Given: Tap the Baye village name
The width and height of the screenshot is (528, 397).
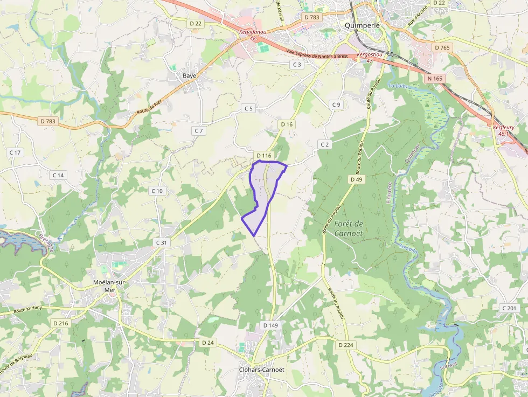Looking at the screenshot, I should pyautogui.click(x=189, y=75).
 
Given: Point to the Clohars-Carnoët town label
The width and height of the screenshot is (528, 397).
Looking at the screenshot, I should pyautogui.click(x=261, y=370).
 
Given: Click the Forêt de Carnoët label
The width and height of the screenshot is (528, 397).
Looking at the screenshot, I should pyautogui.click(x=350, y=228).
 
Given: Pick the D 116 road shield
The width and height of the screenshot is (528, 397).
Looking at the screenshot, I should pyautogui.click(x=264, y=155).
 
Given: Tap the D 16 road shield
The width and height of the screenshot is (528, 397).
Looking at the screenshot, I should pyautogui.click(x=287, y=124).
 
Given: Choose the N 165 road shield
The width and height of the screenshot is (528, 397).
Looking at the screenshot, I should pyautogui.click(x=434, y=79).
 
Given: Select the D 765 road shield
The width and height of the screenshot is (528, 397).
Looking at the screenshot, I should pyautogui.click(x=441, y=47).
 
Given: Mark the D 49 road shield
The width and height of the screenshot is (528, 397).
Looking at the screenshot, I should pyautogui.click(x=356, y=179).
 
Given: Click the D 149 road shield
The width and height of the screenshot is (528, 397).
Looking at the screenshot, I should pyautogui.click(x=270, y=325).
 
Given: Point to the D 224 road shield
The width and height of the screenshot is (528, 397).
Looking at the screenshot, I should pyautogui.click(x=346, y=345).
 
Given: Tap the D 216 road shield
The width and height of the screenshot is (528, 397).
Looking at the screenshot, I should pyautogui.click(x=61, y=323).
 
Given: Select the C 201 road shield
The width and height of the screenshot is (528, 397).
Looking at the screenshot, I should pyautogui.click(x=509, y=308).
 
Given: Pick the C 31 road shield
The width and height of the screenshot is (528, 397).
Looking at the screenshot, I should pyautogui.click(x=162, y=242).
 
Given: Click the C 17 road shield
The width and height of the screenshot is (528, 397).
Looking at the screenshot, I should pyautogui.click(x=15, y=152).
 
